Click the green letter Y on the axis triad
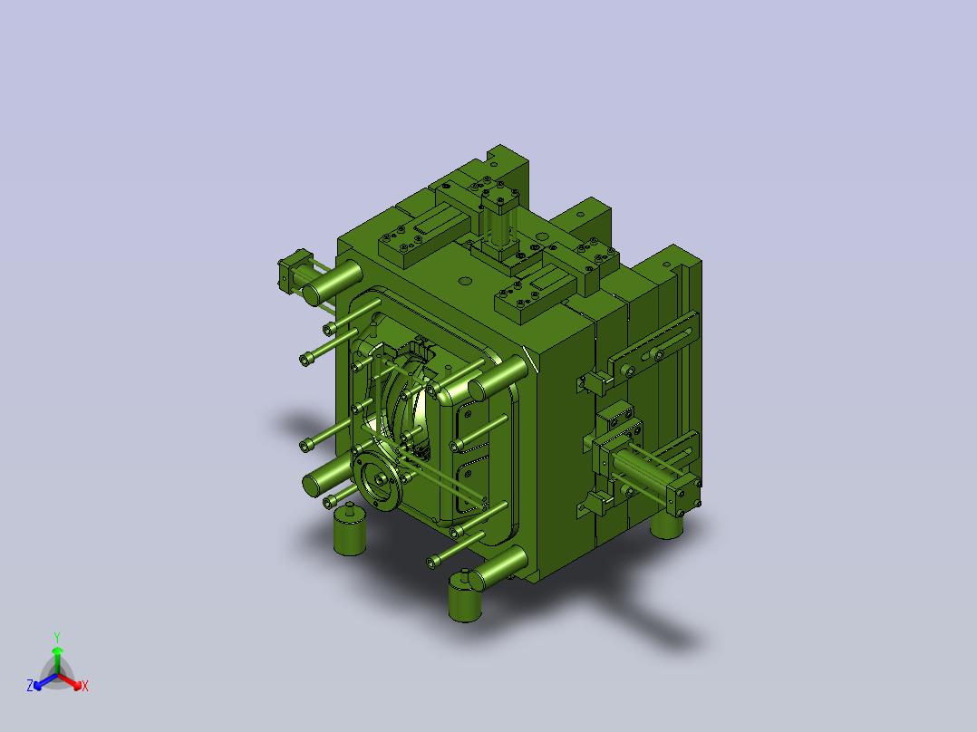point(57,637)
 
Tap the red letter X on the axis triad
point(85,686)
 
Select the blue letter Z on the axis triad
point(30,686)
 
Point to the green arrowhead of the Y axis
point(57,650)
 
